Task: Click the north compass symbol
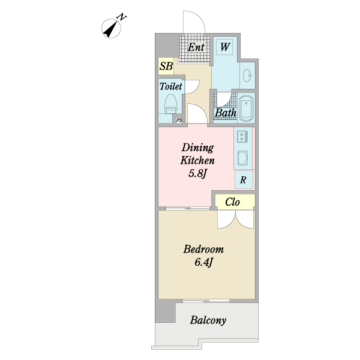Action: point(111,28)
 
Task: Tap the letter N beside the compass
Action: point(122,17)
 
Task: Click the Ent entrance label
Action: point(196,47)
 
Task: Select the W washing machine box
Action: point(224,47)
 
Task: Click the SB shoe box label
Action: point(166,67)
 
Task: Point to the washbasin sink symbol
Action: point(247,76)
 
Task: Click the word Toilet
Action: point(170,86)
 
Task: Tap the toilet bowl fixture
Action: point(171,104)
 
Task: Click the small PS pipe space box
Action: point(179,120)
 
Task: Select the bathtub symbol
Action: point(246,108)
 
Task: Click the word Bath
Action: point(226,113)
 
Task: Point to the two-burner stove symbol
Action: point(242,136)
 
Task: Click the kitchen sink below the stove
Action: point(242,158)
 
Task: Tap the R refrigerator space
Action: point(244,180)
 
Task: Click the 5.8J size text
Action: point(197,174)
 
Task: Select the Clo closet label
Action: point(232,202)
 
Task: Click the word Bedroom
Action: point(203,250)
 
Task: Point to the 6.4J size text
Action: point(204,262)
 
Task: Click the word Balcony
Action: point(208,320)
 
